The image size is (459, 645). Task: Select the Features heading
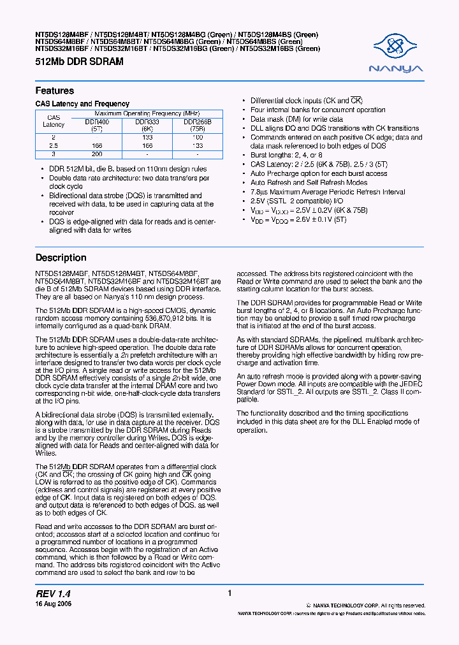(54, 91)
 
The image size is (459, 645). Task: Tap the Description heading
(61, 258)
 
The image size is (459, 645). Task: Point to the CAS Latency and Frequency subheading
(82, 104)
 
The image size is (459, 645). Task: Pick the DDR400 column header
(97, 124)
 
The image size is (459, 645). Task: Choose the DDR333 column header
(147, 124)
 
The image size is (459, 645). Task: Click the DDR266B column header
(197, 124)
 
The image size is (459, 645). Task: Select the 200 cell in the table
(97, 154)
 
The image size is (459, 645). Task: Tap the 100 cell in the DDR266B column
(197, 137)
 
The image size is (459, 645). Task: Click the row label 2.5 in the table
(54, 146)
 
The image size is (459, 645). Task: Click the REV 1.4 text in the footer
(53, 593)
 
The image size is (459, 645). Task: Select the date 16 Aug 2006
(53, 604)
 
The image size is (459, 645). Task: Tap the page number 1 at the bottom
(229, 593)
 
